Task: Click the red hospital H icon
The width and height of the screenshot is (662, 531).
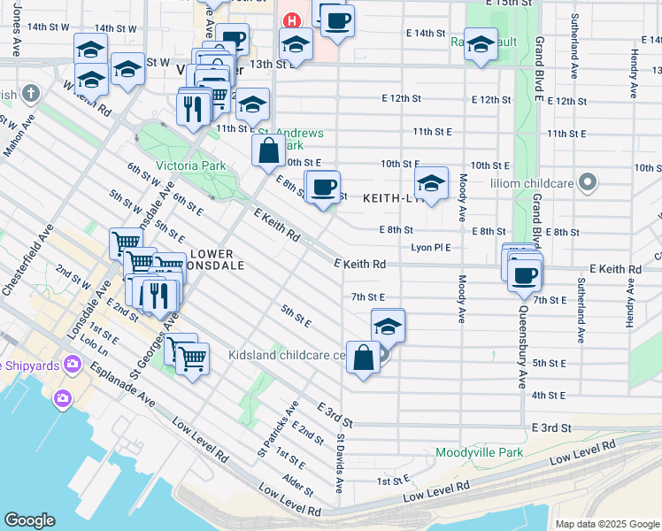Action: (289, 20)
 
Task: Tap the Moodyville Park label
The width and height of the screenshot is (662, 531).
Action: (479, 452)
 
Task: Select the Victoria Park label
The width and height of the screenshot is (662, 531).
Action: (190, 165)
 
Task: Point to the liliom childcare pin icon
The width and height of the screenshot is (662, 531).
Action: (586, 183)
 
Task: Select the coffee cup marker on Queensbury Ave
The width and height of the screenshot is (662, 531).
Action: (525, 273)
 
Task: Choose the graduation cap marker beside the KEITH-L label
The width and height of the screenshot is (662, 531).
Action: (431, 184)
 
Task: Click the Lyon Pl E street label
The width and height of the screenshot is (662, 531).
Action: (431, 248)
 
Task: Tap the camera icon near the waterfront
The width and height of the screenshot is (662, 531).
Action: (62, 398)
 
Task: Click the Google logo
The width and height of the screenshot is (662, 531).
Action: (29, 520)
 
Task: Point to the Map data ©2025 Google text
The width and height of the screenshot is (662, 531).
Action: (607, 524)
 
